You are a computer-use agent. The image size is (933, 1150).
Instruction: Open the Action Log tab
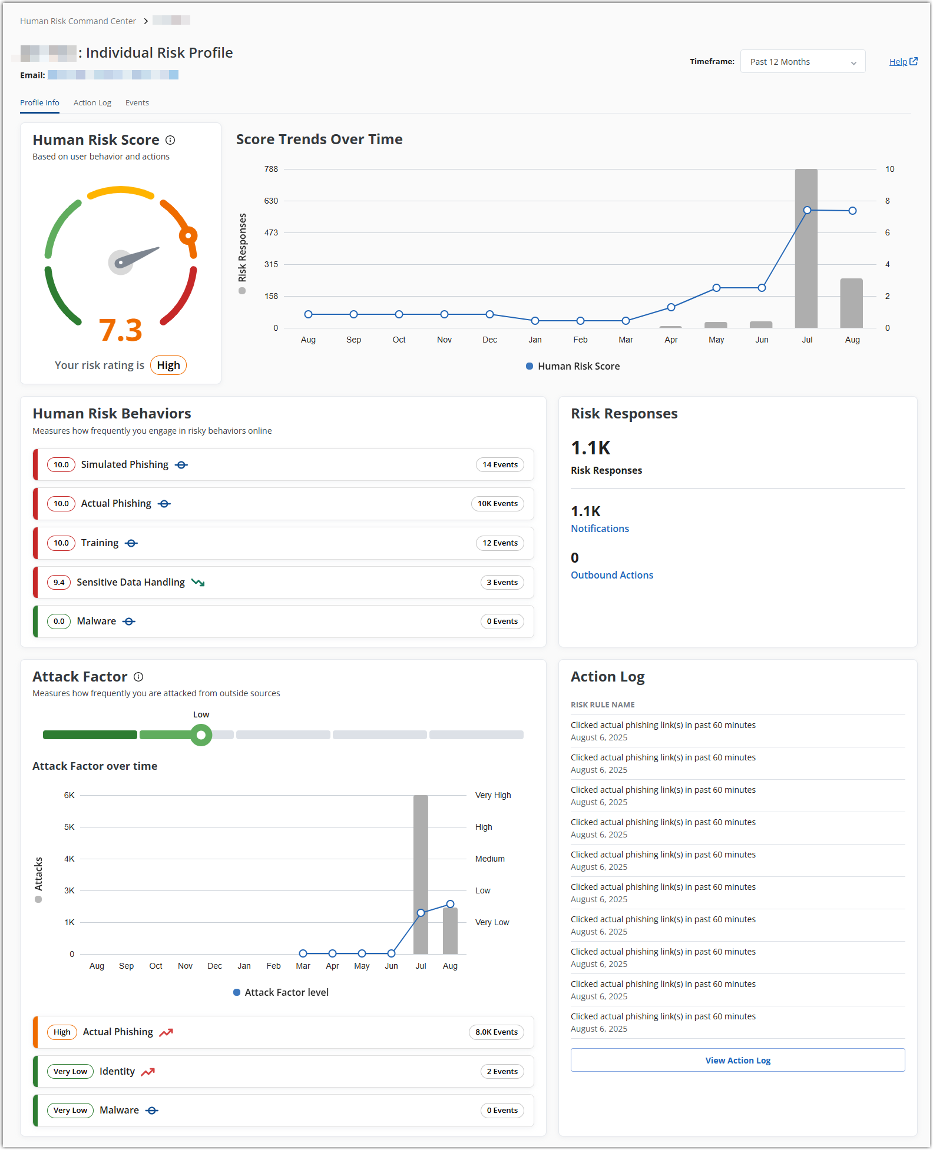point(92,103)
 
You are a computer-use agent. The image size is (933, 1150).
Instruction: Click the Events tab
point(137,103)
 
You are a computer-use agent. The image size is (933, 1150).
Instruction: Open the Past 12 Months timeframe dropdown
point(802,62)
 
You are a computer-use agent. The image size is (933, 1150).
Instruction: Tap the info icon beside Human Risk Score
point(170,140)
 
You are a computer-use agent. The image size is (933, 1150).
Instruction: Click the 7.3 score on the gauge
point(121,330)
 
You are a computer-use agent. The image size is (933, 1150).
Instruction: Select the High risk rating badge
point(168,365)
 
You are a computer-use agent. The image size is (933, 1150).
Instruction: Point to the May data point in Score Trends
point(716,288)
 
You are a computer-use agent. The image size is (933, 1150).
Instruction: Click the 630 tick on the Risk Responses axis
point(271,201)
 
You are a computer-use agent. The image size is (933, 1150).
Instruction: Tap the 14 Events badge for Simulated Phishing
point(500,465)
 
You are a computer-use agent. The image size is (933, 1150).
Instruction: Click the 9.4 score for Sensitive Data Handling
point(59,583)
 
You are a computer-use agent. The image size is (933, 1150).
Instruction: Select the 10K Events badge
point(498,504)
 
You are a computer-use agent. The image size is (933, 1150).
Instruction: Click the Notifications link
point(600,529)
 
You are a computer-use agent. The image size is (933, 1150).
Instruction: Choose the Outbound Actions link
point(612,576)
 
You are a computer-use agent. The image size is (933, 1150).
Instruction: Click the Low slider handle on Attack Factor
point(201,735)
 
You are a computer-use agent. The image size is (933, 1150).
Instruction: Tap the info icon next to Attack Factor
point(138,677)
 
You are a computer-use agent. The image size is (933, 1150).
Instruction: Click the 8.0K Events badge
point(497,1032)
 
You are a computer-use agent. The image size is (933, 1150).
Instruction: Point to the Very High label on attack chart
point(493,796)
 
